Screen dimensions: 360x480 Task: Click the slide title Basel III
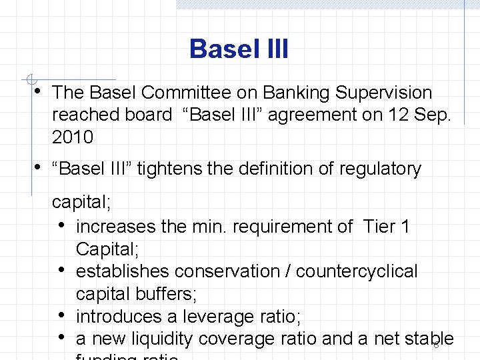coord(239,49)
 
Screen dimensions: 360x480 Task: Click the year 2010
coord(73,137)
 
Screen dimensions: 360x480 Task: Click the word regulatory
coord(380,169)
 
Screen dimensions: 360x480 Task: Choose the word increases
coord(116,227)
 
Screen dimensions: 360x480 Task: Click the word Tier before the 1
coord(379,227)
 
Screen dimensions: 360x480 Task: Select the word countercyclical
coord(357,272)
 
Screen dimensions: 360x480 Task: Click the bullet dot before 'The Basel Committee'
coord(39,91)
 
